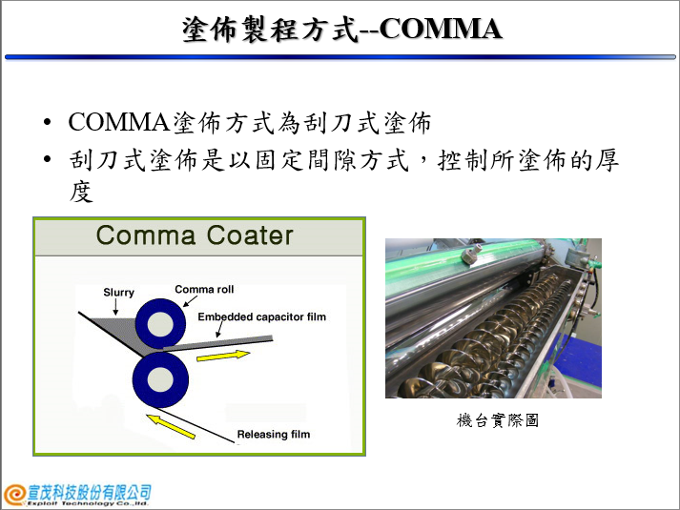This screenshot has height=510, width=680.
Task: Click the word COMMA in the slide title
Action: [441, 29]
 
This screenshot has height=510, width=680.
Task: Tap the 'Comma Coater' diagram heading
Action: [195, 235]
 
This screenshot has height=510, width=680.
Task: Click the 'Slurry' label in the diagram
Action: [119, 293]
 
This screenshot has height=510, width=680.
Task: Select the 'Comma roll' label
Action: [204, 289]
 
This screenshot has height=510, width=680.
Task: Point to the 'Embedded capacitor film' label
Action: [262, 316]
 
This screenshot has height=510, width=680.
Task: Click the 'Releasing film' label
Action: [274, 434]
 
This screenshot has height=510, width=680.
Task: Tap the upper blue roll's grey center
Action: [160, 323]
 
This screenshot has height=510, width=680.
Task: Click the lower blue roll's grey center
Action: [160, 379]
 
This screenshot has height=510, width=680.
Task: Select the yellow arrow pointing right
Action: [223, 356]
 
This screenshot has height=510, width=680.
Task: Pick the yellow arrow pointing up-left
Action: [171, 426]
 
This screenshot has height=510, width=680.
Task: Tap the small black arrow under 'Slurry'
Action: [115, 307]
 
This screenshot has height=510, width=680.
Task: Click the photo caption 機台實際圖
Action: [498, 420]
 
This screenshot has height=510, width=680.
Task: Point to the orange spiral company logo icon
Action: [14, 495]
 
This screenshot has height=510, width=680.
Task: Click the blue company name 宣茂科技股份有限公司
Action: [90, 493]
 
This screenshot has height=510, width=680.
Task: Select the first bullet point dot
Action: [48, 122]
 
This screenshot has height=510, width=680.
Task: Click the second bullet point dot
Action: [48, 159]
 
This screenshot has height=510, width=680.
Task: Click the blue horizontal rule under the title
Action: [340, 57]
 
